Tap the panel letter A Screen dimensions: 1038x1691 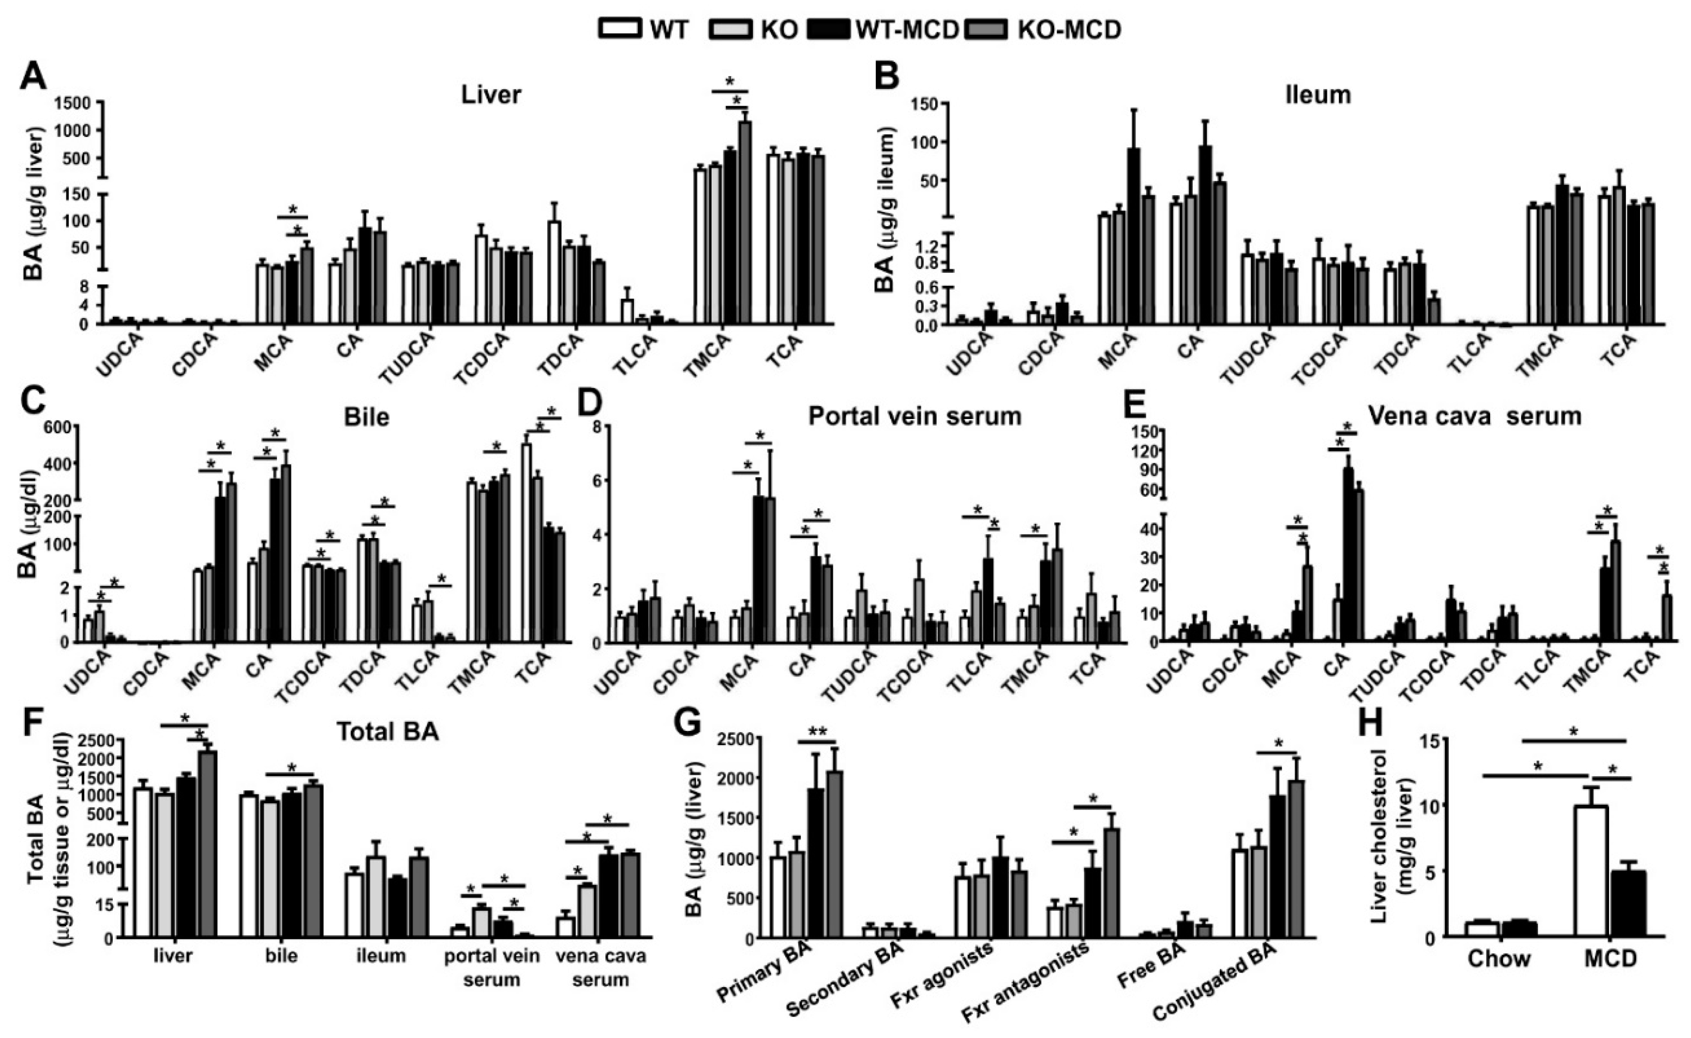pyautogui.click(x=33, y=76)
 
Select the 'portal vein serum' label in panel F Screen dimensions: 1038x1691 pyautogui.click(x=491, y=967)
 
